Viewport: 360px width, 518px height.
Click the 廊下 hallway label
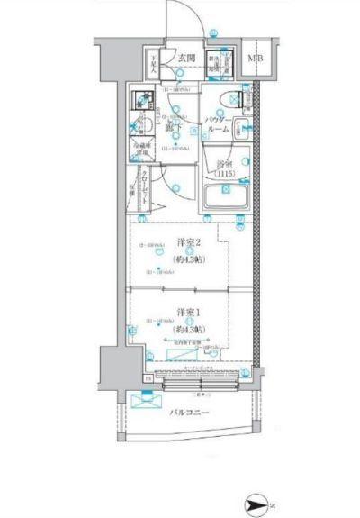(x=174, y=129)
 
